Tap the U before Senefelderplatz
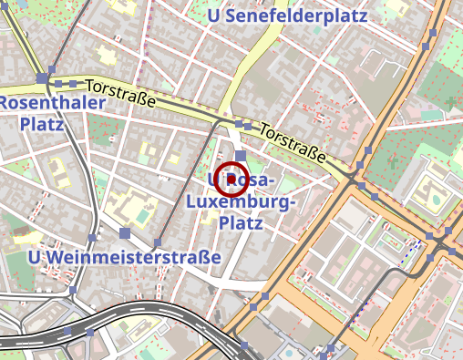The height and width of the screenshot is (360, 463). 214,15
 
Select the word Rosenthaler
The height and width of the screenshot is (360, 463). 52,103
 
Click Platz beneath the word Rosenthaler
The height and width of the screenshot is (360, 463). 41,124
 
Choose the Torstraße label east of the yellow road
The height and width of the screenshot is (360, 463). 293,144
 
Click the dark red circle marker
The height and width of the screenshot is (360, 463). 234,179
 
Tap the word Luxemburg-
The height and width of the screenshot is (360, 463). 241,201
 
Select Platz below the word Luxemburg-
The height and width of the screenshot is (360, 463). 242,222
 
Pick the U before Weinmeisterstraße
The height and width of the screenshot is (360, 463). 36,258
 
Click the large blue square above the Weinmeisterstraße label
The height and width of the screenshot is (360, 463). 125,233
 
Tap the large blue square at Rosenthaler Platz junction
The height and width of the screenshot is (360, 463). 42,78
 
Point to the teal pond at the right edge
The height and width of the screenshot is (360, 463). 437,196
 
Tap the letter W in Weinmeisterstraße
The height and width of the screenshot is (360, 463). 55,258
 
